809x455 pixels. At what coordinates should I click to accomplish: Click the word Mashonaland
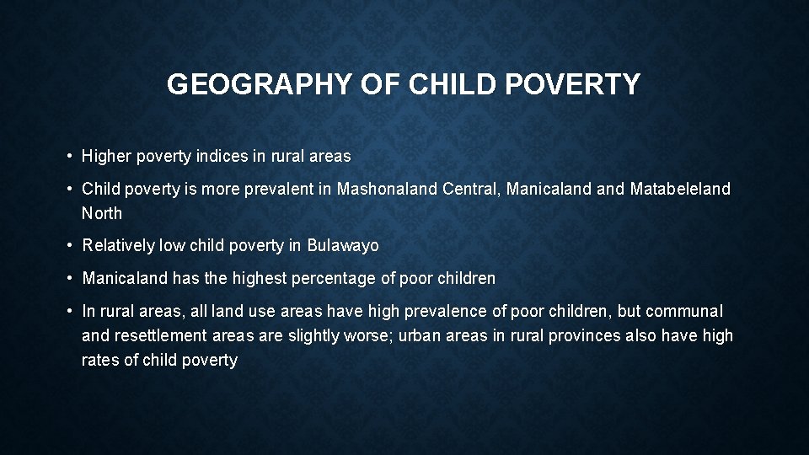[x=387, y=189]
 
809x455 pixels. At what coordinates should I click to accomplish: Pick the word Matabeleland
[x=680, y=189]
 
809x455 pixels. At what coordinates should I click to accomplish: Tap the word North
[x=102, y=213]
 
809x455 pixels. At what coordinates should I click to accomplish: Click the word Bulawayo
[x=343, y=246]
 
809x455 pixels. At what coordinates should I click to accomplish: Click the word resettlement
[x=158, y=335]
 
